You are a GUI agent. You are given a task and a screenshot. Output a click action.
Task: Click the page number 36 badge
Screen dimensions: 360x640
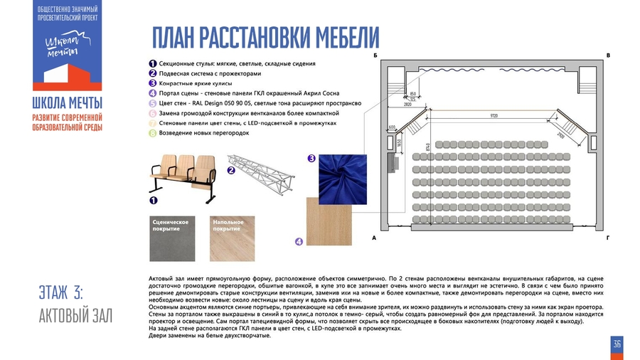coord(617,344)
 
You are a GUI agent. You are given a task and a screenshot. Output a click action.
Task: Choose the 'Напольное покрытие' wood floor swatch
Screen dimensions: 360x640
coord(230,239)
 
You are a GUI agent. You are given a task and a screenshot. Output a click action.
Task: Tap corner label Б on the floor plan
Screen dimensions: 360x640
coord(375,55)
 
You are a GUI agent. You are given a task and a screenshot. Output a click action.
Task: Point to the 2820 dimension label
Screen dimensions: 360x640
coord(408,104)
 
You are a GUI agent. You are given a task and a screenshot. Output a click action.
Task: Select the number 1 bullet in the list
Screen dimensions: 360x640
coord(152,63)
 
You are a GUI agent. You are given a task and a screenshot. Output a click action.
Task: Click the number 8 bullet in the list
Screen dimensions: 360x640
coord(152,133)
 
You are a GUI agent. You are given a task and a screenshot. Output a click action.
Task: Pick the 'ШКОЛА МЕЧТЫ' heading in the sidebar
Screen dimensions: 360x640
coord(67,102)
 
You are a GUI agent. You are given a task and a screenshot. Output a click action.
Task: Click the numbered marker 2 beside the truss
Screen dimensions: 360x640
coord(230,171)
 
